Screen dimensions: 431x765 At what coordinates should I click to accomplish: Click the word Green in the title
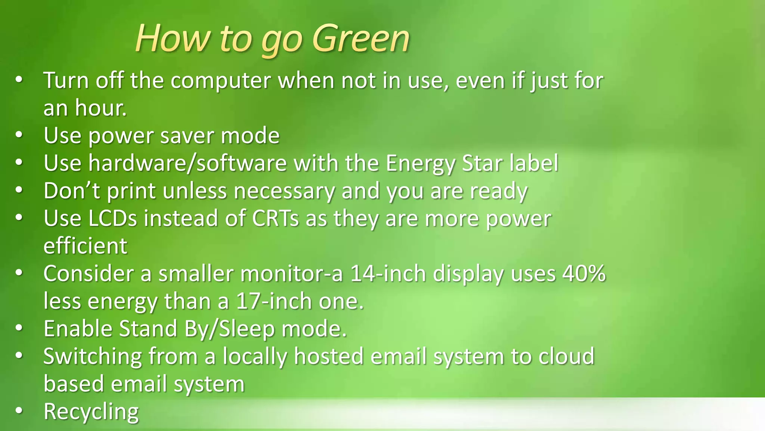(x=361, y=38)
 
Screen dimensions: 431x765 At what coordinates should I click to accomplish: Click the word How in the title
(x=173, y=38)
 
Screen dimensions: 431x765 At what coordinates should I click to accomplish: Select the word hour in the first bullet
(x=100, y=108)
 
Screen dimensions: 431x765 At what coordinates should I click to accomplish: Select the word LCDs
(x=113, y=218)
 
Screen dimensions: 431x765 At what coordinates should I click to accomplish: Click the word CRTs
(x=276, y=218)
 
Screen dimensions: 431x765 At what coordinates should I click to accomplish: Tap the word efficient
(x=85, y=246)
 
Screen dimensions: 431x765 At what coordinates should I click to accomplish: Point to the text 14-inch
(x=388, y=273)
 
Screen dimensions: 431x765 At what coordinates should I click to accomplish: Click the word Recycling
(x=91, y=412)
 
